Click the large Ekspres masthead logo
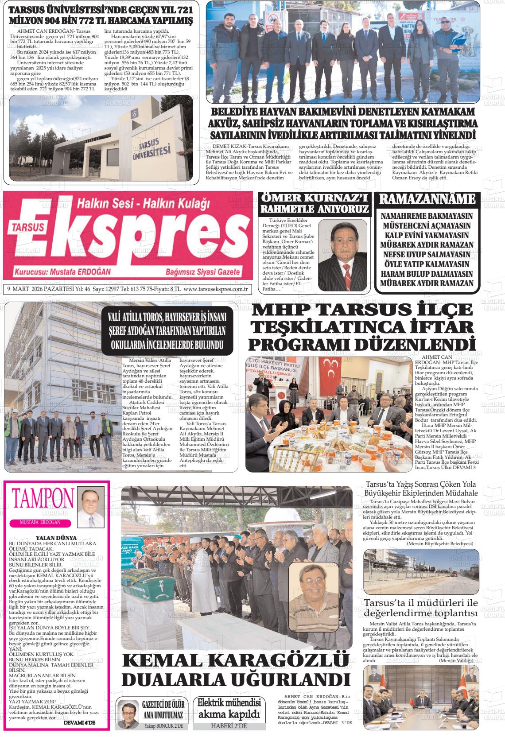pyautogui.click(x=128, y=239)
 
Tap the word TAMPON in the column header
pyautogui.click(x=43, y=499)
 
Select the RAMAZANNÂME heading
pyautogui.click(x=427, y=199)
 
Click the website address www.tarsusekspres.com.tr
pyautogui.click(x=215, y=290)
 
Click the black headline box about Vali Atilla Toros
pyautogui.click(x=167, y=331)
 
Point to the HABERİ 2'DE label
pyautogui.click(x=229, y=726)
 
